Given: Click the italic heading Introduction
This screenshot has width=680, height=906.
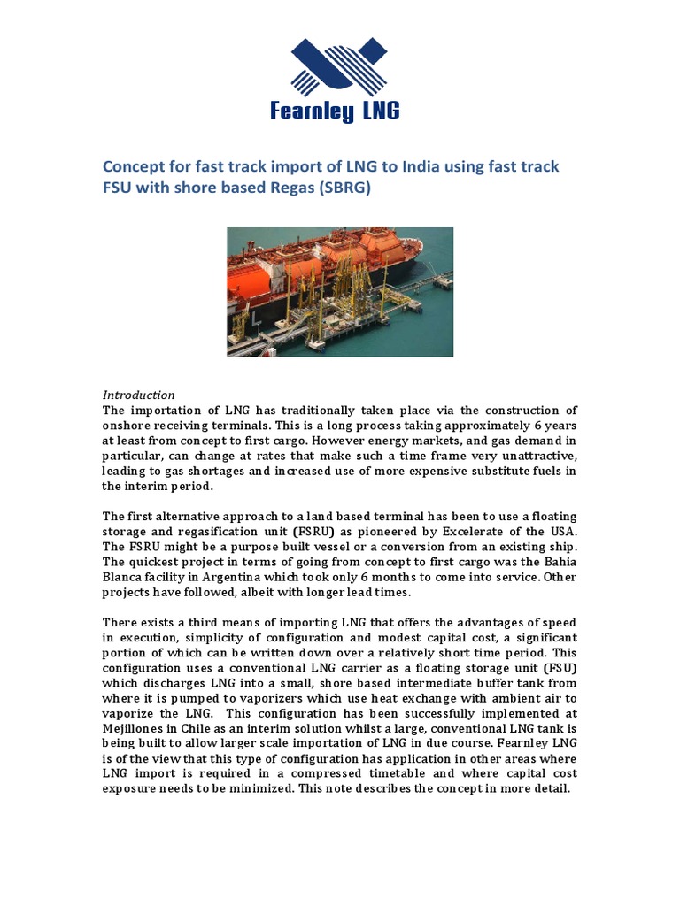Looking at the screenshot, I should (x=139, y=395).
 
